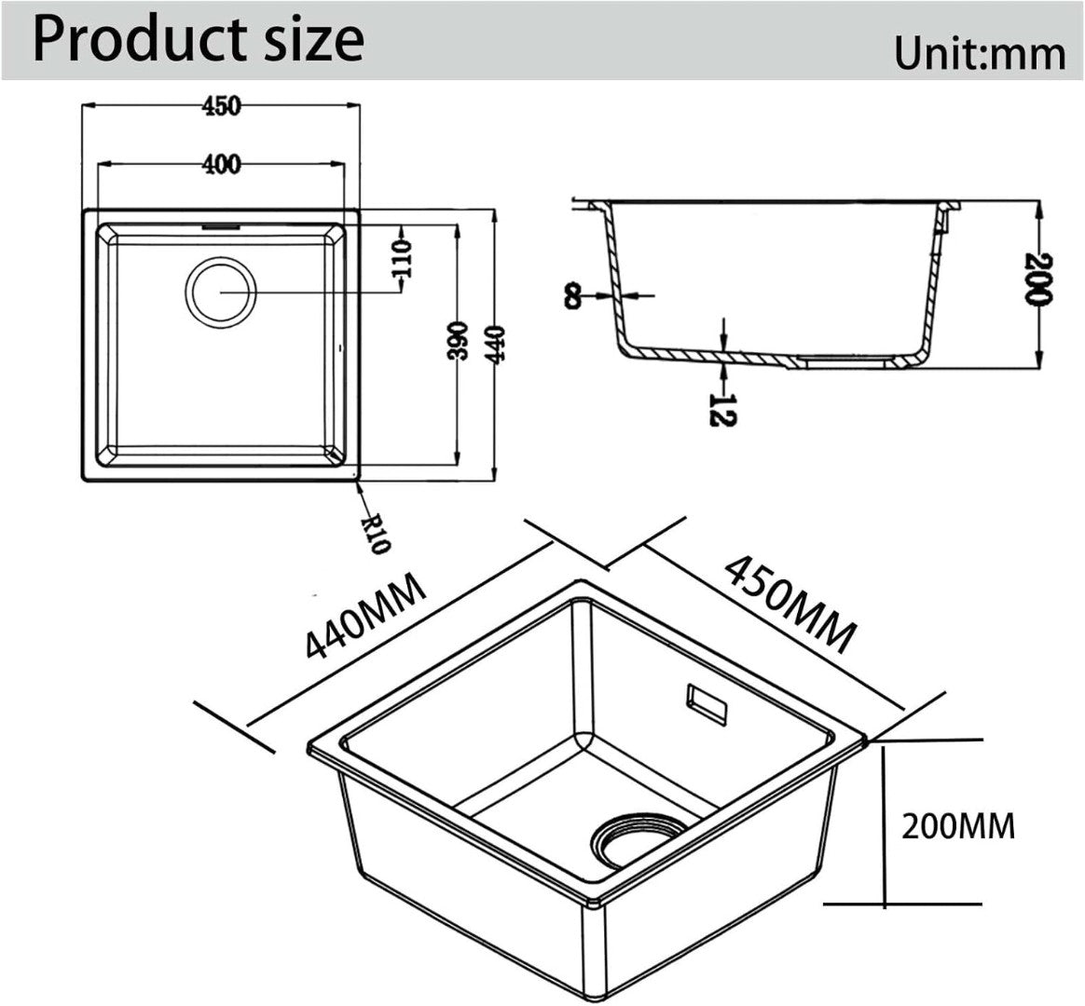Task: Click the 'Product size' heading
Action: [199, 40]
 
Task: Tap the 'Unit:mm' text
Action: [979, 53]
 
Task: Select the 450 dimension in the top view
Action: [222, 106]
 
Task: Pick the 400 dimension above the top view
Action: [222, 165]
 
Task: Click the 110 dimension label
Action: [401, 259]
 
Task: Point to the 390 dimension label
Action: [458, 340]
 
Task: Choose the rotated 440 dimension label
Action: [496, 345]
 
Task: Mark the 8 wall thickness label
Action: [573, 296]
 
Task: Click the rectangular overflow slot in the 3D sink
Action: [705, 704]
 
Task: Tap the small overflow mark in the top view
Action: [222, 225]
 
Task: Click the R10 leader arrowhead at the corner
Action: [356, 484]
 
